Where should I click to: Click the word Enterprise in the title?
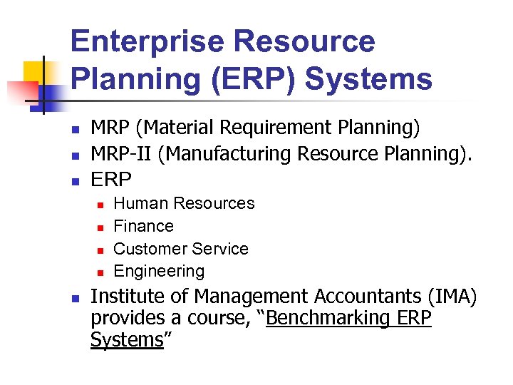pyautogui.click(x=150, y=42)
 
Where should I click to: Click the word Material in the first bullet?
pyautogui.click(x=177, y=128)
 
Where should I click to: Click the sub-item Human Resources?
pyautogui.click(x=184, y=203)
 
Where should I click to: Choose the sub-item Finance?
pyautogui.click(x=143, y=226)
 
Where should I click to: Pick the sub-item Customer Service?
pyautogui.click(x=181, y=249)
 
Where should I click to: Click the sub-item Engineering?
pyautogui.click(x=159, y=271)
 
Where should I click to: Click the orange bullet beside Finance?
pyautogui.click(x=100, y=227)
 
